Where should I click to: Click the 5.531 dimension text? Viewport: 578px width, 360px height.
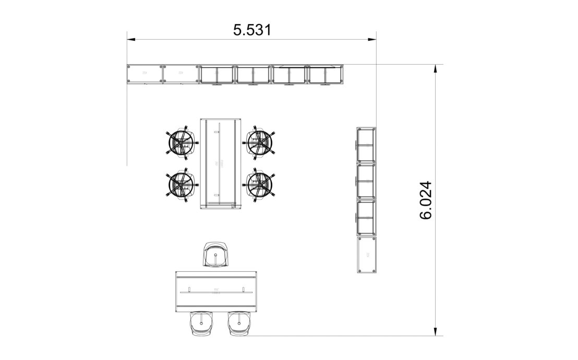252,30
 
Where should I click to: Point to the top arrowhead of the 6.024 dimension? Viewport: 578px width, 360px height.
435,68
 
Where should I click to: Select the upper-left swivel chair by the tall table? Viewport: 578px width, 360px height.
181,142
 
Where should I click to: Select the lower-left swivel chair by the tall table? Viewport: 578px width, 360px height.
181,184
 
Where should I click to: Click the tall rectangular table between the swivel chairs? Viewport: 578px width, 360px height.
220,163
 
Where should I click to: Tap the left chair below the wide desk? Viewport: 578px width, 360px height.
201,323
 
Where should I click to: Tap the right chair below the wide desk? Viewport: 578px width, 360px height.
238,323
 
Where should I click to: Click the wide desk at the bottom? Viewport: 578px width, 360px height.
216,292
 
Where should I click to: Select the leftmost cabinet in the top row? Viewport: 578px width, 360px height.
144,74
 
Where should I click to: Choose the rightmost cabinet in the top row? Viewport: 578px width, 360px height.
326,74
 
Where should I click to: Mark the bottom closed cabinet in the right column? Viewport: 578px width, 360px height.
366,255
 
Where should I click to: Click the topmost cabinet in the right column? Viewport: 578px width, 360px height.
366,145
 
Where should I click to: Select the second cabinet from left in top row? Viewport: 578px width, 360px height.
180,74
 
